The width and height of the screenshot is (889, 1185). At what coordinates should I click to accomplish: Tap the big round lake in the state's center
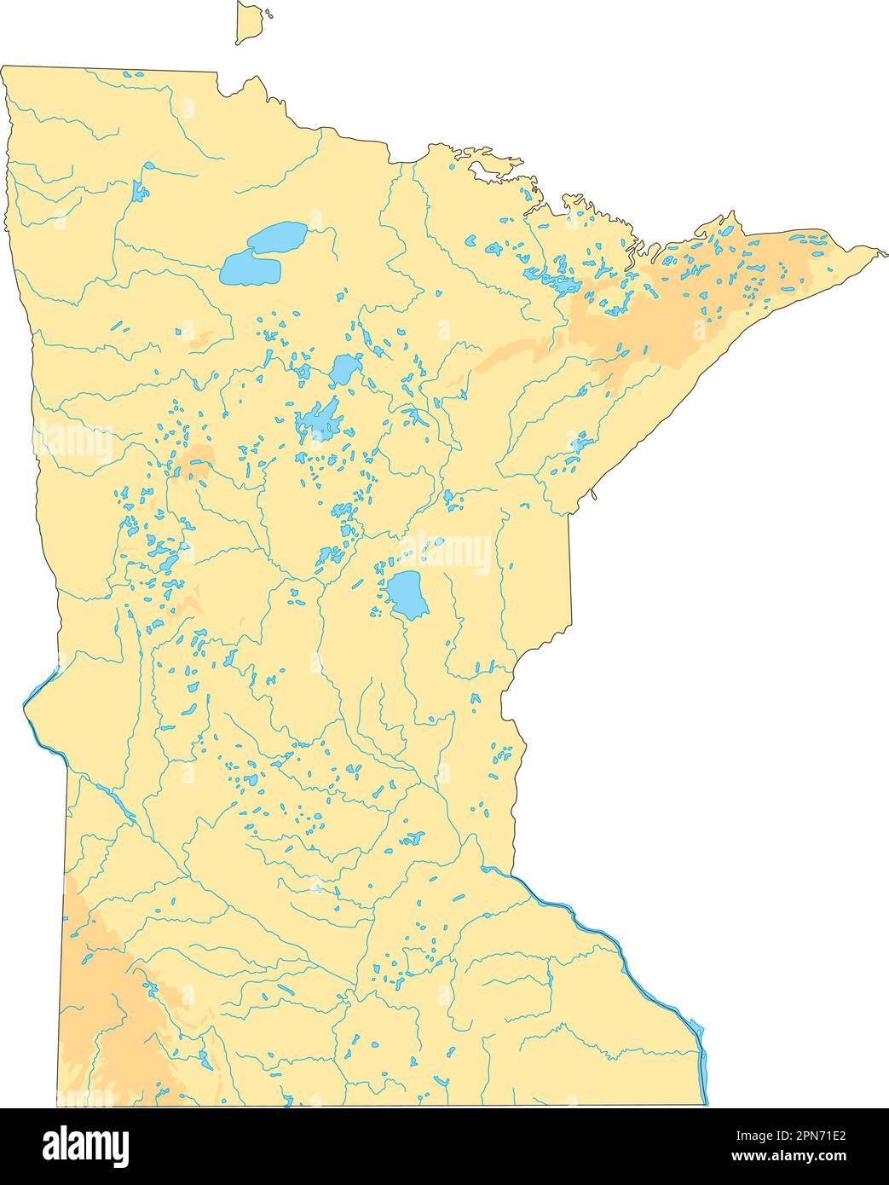(x=407, y=594)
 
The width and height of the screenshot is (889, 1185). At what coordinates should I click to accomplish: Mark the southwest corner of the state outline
(x=58, y=1106)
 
